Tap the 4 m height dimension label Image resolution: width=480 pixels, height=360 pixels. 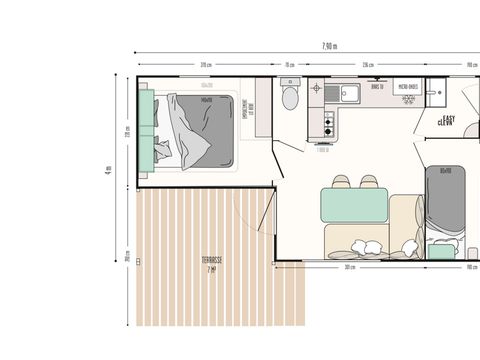107,170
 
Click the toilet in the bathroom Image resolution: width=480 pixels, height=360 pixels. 290,98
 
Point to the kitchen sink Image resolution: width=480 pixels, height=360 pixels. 351,95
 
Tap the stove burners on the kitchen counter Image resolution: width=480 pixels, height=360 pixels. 326,125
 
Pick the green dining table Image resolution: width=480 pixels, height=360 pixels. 354,206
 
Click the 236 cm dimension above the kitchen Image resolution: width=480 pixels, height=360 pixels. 367,65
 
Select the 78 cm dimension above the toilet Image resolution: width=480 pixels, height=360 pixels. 289,65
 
